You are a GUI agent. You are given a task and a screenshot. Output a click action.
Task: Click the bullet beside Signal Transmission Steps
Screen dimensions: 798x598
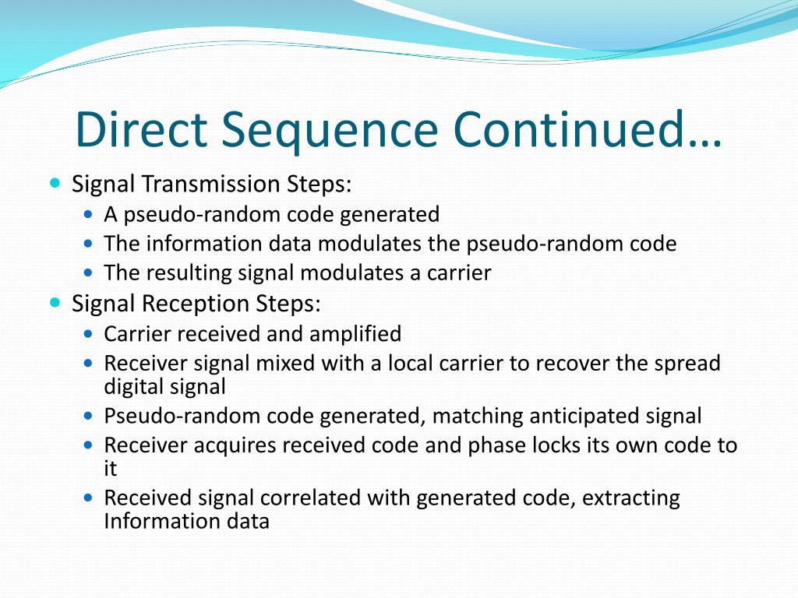pos(54,184)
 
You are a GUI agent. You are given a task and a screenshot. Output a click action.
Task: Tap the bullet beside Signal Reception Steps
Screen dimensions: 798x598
pos(54,302)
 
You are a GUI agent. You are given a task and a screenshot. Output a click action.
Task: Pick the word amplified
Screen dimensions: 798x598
pos(355,334)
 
